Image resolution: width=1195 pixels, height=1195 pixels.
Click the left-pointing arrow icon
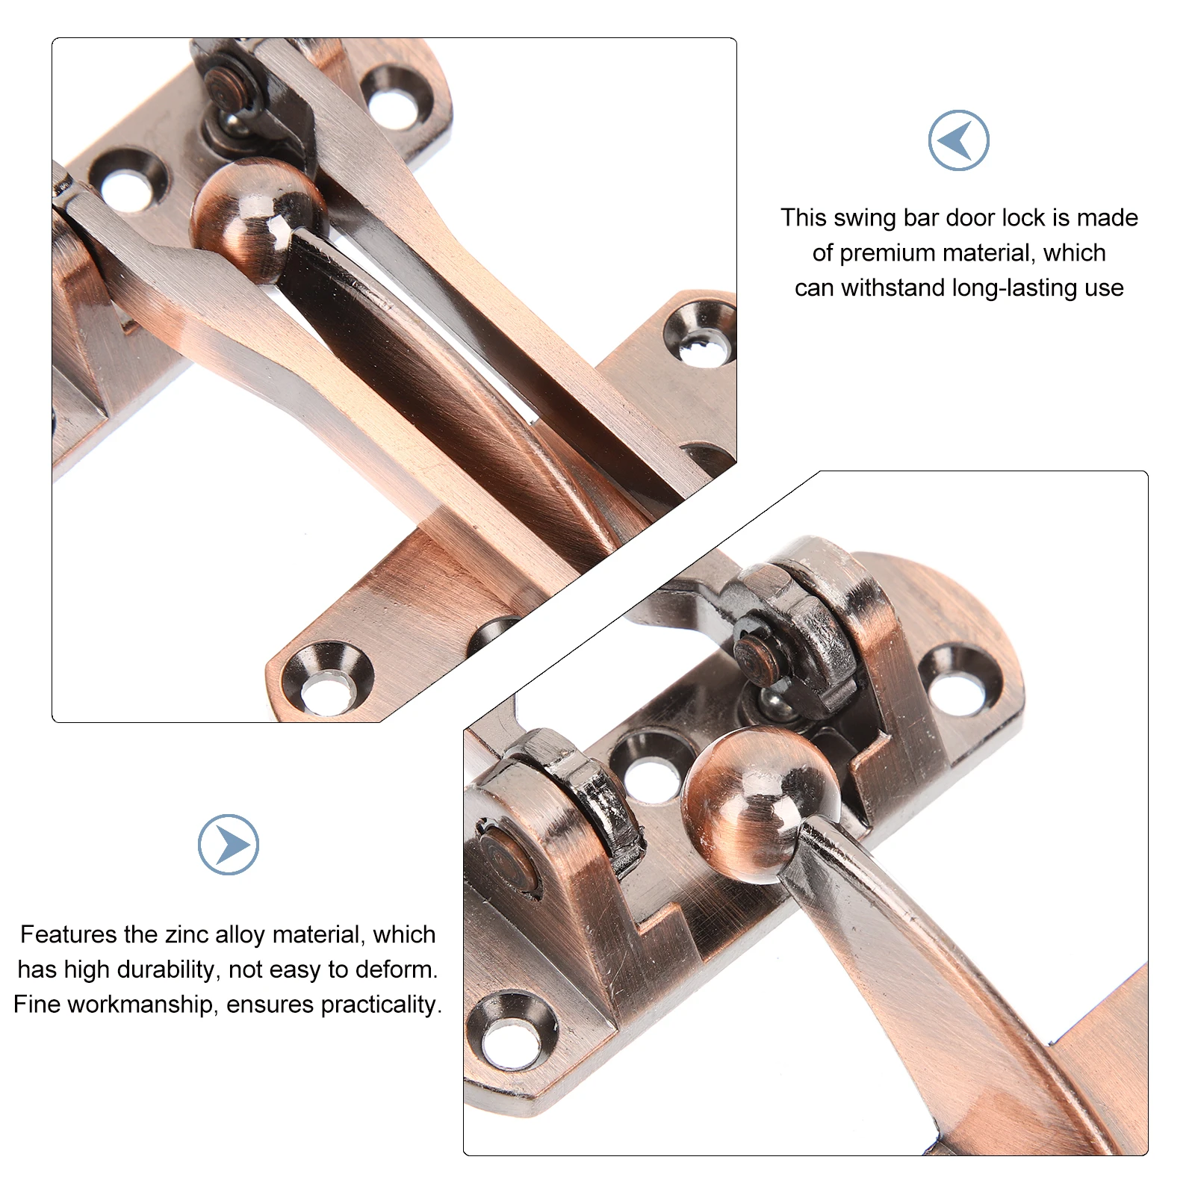coord(958,140)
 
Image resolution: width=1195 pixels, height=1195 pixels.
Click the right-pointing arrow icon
coord(229,845)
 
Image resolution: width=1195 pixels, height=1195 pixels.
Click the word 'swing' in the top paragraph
coord(865,217)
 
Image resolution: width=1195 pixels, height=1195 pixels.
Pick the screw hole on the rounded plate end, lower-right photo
coord(959,679)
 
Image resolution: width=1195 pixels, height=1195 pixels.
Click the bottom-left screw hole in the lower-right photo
coord(512,1032)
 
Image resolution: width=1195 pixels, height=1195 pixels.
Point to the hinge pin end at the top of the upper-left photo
coord(226,88)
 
